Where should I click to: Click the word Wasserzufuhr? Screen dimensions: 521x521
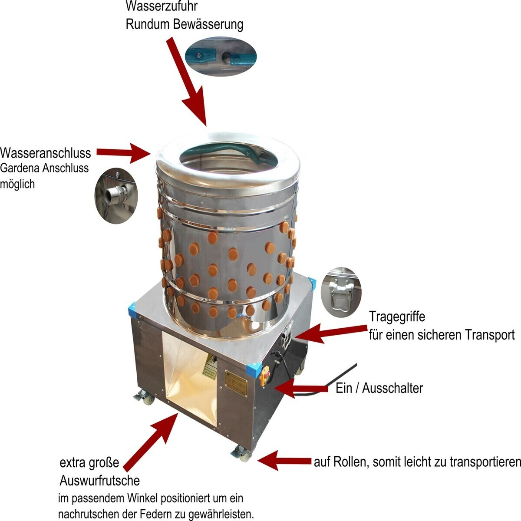162,6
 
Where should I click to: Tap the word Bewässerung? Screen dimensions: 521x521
208,24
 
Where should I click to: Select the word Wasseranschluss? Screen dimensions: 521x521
46,153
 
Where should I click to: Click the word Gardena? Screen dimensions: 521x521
20,168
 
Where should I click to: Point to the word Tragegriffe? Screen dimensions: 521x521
397,317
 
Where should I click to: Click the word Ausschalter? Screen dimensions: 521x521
392,388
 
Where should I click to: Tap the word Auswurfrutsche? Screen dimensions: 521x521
100,481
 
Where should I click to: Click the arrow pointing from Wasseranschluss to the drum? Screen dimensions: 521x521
124,153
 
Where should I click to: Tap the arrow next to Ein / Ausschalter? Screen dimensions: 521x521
301,389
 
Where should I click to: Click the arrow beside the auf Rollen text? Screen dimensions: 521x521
284,461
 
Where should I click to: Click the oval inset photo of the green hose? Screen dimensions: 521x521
221,56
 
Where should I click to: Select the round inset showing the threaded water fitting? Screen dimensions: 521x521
116,196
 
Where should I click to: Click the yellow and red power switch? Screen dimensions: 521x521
265,376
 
